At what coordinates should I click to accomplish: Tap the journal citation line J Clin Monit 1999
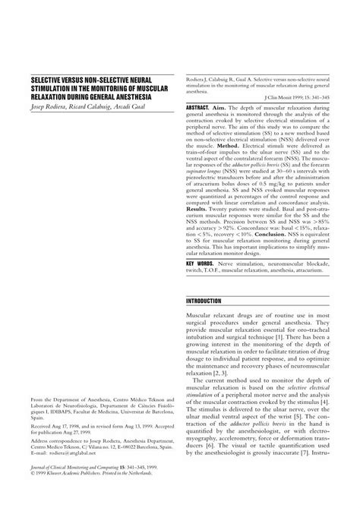298,97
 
